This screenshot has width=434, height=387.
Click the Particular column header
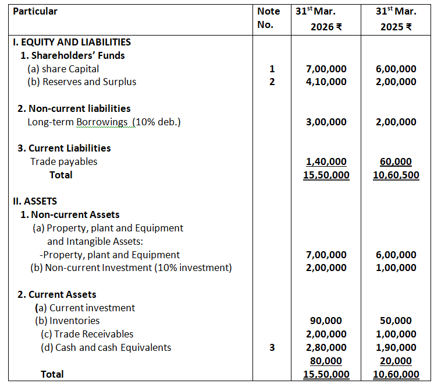coord(35,11)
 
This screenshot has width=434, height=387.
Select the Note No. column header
coord(268,18)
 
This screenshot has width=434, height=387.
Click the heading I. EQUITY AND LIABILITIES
coord(72,42)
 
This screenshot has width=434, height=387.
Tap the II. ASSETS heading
coord(35,201)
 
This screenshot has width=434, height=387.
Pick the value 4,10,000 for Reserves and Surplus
coord(326,82)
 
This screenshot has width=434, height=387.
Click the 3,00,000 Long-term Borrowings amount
coord(326,122)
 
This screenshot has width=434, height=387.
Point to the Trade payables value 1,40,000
coord(326,161)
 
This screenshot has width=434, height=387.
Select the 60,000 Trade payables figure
coord(396,161)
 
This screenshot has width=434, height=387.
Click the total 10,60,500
coord(396,175)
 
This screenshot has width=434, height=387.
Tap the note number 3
coord(271,347)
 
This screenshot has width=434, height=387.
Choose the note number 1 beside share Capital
coord(271,69)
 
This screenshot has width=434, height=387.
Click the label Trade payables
coord(64,161)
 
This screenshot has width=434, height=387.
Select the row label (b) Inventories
coord(67,321)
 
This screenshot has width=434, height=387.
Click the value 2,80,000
coord(326,347)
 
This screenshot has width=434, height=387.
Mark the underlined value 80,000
coord(326,361)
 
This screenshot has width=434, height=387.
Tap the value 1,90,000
coord(396,347)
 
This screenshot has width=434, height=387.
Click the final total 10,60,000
coord(396,374)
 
